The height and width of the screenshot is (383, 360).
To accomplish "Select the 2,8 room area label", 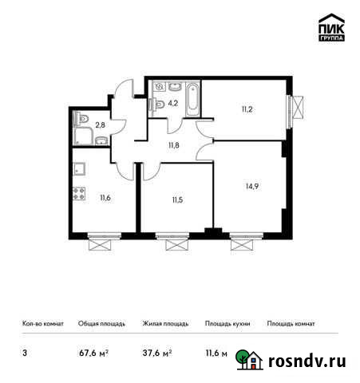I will coord(101,124).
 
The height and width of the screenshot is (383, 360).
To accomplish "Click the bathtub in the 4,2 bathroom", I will coord(194,97).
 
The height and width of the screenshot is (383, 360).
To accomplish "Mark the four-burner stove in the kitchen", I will coord(79,193).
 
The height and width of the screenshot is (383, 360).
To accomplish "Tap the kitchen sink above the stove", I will coord(79,168).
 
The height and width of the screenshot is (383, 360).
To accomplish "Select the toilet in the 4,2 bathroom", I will coord(160,102).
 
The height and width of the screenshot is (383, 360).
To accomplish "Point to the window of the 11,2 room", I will coord(296,109).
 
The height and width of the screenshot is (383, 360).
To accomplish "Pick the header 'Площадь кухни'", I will coord(227,324).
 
